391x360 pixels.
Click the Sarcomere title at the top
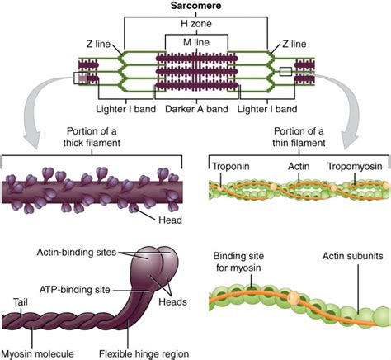[195, 7]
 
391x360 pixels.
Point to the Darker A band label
[196, 109]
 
